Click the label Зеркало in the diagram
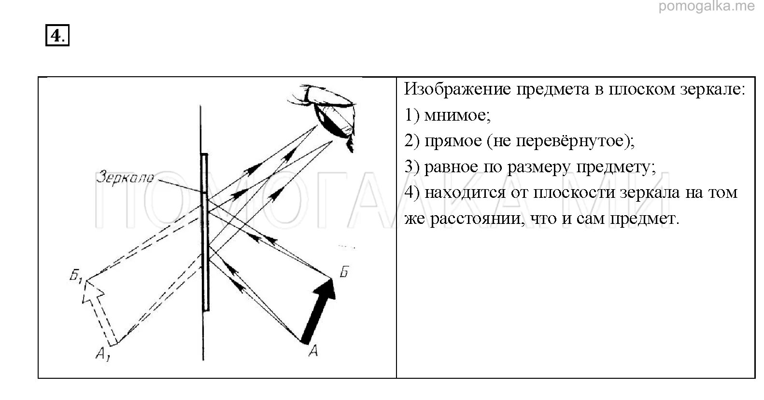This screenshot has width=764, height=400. [125, 177]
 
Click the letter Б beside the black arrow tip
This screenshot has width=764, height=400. [343, 272]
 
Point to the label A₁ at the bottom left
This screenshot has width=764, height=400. [102, 355]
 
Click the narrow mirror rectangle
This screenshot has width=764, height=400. [205, 232]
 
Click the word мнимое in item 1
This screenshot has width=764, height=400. [457, 115]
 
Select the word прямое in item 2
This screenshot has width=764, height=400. [453, 141]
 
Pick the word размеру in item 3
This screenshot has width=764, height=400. [537, 168]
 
